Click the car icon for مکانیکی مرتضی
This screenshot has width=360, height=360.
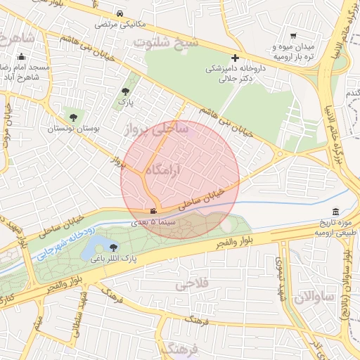121,13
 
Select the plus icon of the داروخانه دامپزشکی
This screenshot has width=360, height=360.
235,58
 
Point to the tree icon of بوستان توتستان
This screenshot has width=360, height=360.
73,117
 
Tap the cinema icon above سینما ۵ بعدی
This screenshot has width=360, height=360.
153,211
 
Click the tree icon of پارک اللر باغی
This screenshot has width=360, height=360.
114,247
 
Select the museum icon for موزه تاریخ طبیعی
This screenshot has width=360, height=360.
335,212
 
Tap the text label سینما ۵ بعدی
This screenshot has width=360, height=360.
157,222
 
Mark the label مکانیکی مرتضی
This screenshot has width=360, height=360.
121,25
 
